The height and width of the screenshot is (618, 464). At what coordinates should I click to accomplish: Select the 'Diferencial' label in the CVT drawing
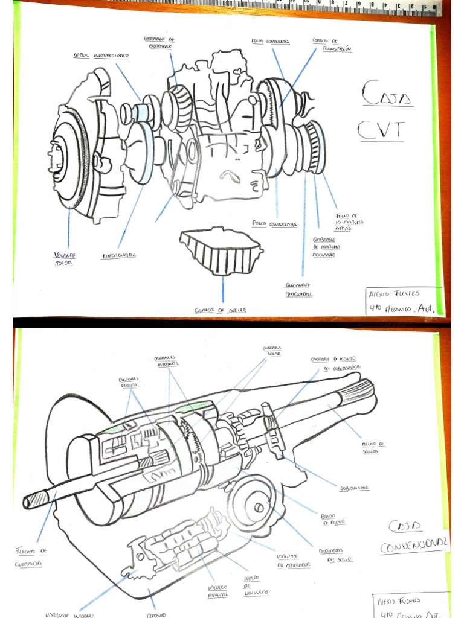[118, 255]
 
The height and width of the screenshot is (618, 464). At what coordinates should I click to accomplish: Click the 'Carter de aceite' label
[220, 310]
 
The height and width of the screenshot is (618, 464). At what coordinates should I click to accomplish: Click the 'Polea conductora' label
[274, 223]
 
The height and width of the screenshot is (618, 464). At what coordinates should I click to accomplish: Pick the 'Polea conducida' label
[270, 42]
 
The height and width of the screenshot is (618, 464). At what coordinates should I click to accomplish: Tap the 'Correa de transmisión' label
[332, 45]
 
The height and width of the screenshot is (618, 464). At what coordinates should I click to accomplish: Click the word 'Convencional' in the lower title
[414, 545]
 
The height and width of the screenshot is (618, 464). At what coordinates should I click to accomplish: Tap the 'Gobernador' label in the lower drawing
[355, 488]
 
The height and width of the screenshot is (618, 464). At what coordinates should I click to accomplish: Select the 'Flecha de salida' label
[373, 447]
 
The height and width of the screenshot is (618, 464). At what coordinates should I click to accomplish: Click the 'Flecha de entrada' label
[31, 557]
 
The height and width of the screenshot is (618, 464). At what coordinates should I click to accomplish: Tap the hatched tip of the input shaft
[37, 498]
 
